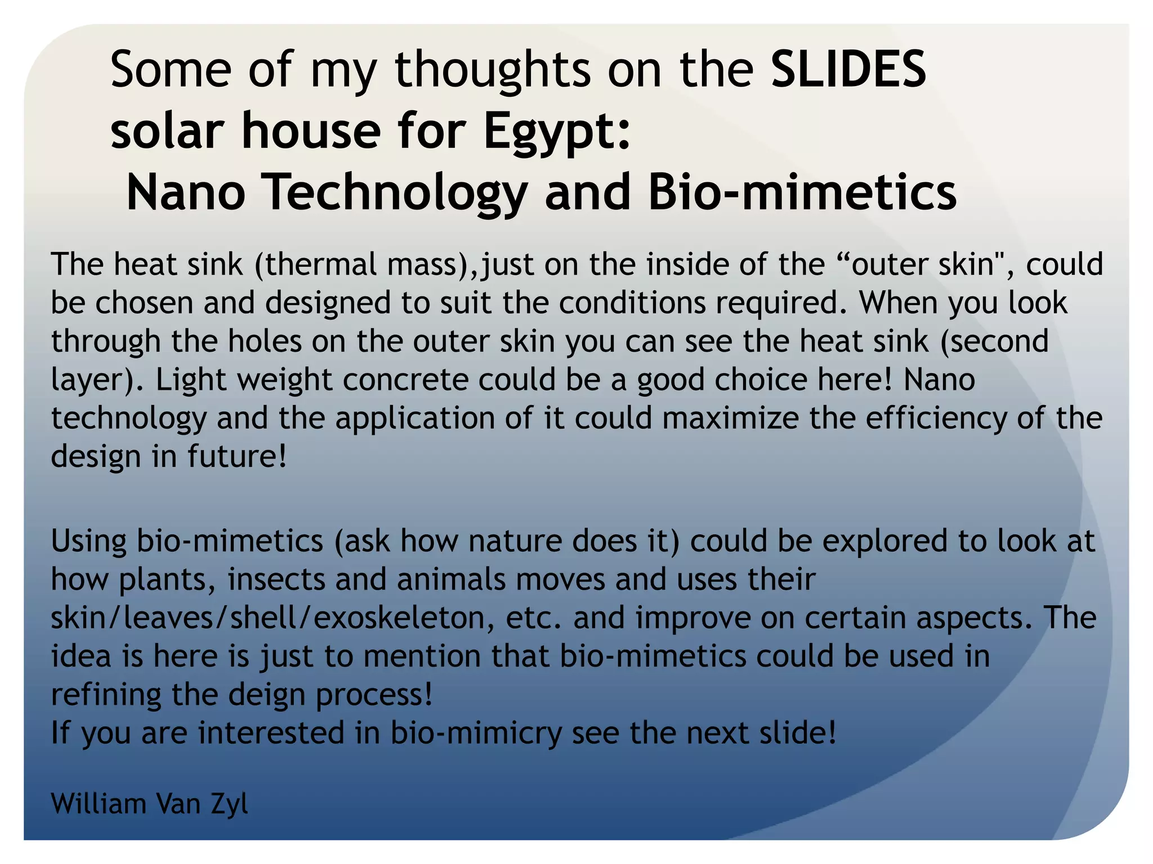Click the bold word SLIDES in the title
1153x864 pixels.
coord(848,69)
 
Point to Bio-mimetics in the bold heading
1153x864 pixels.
coord(802,193)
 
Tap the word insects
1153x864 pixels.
coord(276,579)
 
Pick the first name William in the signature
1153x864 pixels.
coord(99,804)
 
